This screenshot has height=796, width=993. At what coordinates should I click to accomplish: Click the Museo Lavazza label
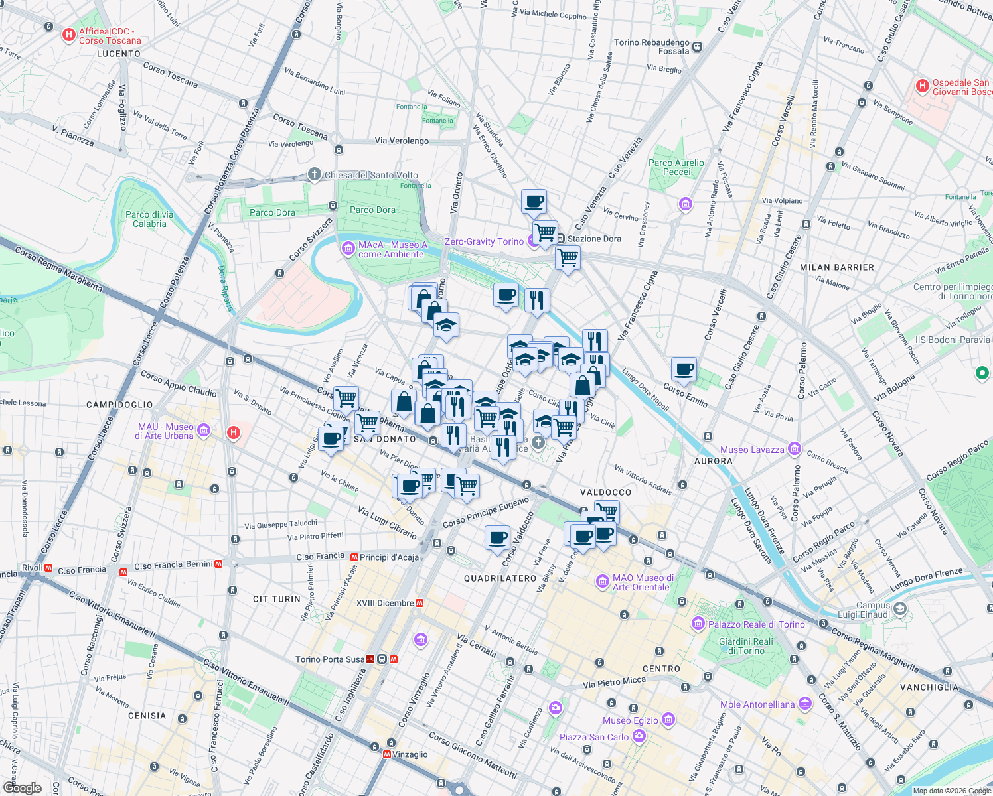752,450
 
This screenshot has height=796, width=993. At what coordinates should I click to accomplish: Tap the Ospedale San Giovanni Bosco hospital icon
922,86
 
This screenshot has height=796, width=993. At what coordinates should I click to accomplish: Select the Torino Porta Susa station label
330,659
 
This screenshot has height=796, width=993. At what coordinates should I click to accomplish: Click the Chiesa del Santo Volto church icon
315,174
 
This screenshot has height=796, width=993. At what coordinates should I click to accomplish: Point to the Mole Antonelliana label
757,704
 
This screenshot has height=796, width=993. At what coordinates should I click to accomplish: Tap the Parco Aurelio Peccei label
676,167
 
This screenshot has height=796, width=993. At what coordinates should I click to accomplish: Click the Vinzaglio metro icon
387,754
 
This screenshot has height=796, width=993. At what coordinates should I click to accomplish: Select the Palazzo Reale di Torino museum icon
698,624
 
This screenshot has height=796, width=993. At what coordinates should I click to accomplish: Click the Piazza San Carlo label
594,737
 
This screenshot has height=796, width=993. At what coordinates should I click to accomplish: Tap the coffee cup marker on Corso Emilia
684,369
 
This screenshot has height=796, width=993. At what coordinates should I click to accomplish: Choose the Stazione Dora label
594,239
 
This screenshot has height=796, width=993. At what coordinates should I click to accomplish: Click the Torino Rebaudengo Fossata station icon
697,47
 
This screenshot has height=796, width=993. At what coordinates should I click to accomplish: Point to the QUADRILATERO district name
500,578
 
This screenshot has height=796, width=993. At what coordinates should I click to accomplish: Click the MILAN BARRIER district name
836,267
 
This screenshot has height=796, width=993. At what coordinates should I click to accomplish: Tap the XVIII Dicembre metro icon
420,603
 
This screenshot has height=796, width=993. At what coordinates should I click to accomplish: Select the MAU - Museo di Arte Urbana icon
203,431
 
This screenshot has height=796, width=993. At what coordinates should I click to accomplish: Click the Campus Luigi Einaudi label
873,610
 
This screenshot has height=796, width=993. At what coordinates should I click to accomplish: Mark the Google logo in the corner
22,788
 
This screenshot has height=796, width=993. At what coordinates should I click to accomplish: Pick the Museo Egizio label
631,720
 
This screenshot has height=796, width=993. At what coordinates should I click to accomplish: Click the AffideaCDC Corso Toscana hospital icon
68,34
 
